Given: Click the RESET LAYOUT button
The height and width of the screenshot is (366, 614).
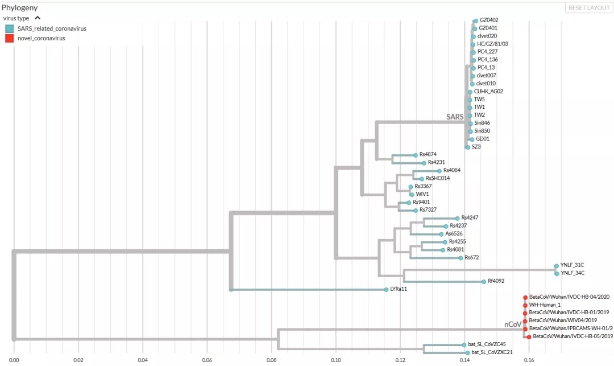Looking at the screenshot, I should (588, 8).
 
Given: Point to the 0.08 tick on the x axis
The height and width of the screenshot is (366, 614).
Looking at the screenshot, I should (271, 359).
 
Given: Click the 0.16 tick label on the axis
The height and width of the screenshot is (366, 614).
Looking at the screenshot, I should (529, 359).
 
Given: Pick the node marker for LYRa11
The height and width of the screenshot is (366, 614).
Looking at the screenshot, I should (386, 290).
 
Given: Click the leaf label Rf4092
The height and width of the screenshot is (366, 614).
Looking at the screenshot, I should (496, 281).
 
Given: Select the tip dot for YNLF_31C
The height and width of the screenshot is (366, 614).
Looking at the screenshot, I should (556, 266).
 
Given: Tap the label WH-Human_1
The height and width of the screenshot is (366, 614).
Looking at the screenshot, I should (545, 305).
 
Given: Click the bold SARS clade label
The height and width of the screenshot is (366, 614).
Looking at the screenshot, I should (455, 117).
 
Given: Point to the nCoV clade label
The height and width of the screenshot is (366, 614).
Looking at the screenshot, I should (513, 325).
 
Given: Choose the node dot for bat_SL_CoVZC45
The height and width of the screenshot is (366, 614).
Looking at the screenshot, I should (464, 345).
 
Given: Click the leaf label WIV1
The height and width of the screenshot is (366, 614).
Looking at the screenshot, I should (422, 194).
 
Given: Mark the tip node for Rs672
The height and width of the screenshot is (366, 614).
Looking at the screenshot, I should (460, 258).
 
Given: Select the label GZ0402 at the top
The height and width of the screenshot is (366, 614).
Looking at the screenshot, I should (489, 20).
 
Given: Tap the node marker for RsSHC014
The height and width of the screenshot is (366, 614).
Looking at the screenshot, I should (422, 179).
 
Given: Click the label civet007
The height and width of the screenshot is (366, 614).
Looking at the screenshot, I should (486, 76).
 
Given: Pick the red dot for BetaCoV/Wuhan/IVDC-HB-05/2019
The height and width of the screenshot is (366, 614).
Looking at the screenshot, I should (529, 337).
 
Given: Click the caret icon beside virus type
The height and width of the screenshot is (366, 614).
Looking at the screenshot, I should (38, 18).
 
